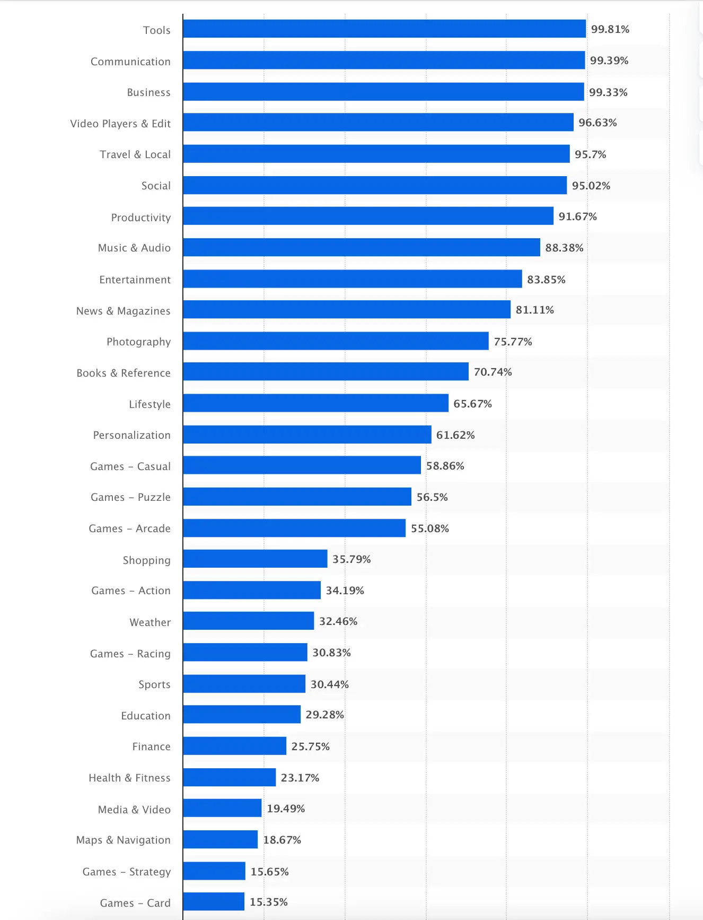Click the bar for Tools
[384, 29]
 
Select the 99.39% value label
[609, 60]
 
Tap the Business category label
[148, 92]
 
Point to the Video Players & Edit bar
[378, 123]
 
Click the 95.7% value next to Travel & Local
[590, 154]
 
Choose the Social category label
[156, 186]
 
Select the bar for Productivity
[368, 216]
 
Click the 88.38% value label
[564, 248]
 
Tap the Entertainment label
[135, 280]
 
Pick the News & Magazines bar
[347, 310]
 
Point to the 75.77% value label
[513, 342]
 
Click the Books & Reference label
[124, 373]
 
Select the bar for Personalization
[307, 435]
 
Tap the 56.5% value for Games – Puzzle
[432, 497]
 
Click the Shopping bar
[255, 559]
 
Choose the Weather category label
[150, 622]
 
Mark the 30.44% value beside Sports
[329, 684]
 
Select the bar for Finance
[234, 746]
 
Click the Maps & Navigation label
[123, 840]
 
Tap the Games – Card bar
[214, 901]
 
